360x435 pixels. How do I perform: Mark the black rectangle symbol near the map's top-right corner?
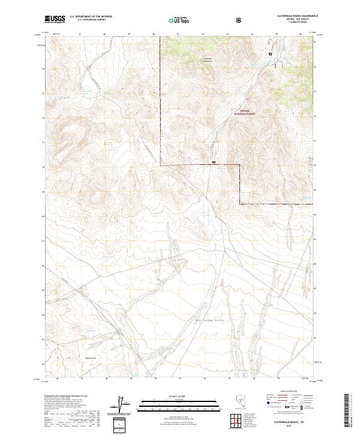point(270,54)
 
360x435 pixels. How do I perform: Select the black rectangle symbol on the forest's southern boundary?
point(214,162)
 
